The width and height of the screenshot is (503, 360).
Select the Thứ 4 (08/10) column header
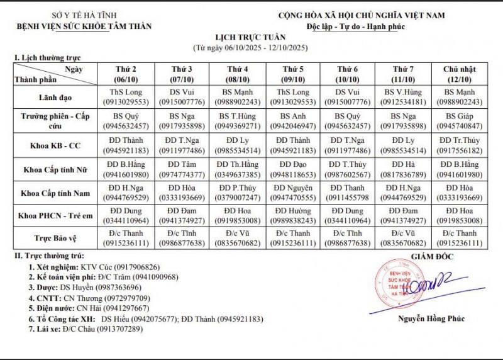tap(237, 72)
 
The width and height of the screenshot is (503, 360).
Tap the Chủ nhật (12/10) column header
tap(463, 72)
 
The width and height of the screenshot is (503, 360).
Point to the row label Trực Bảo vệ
tap(57, 237)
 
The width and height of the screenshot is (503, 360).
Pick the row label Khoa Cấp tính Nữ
tap(57, 170)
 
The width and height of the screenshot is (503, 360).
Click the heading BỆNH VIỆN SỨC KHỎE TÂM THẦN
tap(85, 26)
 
